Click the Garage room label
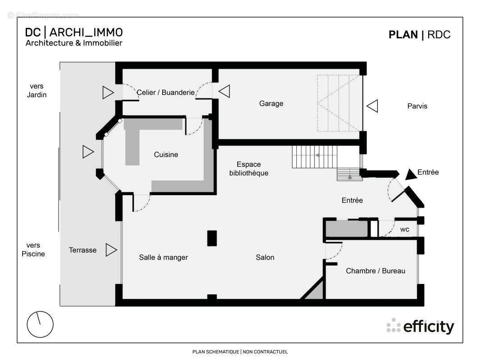[x=271, y=103]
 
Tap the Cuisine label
[x=166, y=154]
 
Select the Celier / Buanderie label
[x=166, y=92]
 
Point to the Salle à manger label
[x=163, y=257]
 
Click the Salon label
[x=265, y=257]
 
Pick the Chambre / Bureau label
[x=376, y=271]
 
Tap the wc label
[x=405, y=229]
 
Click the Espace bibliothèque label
[x=249, y=169]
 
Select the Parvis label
[x=417, y=106]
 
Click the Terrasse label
[x=83, y=250]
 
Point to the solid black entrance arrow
[x=411, y=174]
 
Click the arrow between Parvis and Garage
[x=372, y=106]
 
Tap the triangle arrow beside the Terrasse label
[x=111, y=250]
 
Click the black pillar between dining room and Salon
[x=212, y=238]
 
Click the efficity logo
[x=420, y=326]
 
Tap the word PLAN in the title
[x=403, y=35]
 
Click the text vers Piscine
[x=33, y=250]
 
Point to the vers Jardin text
[x=36, y=90]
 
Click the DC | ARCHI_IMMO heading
[x=74, y=32]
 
